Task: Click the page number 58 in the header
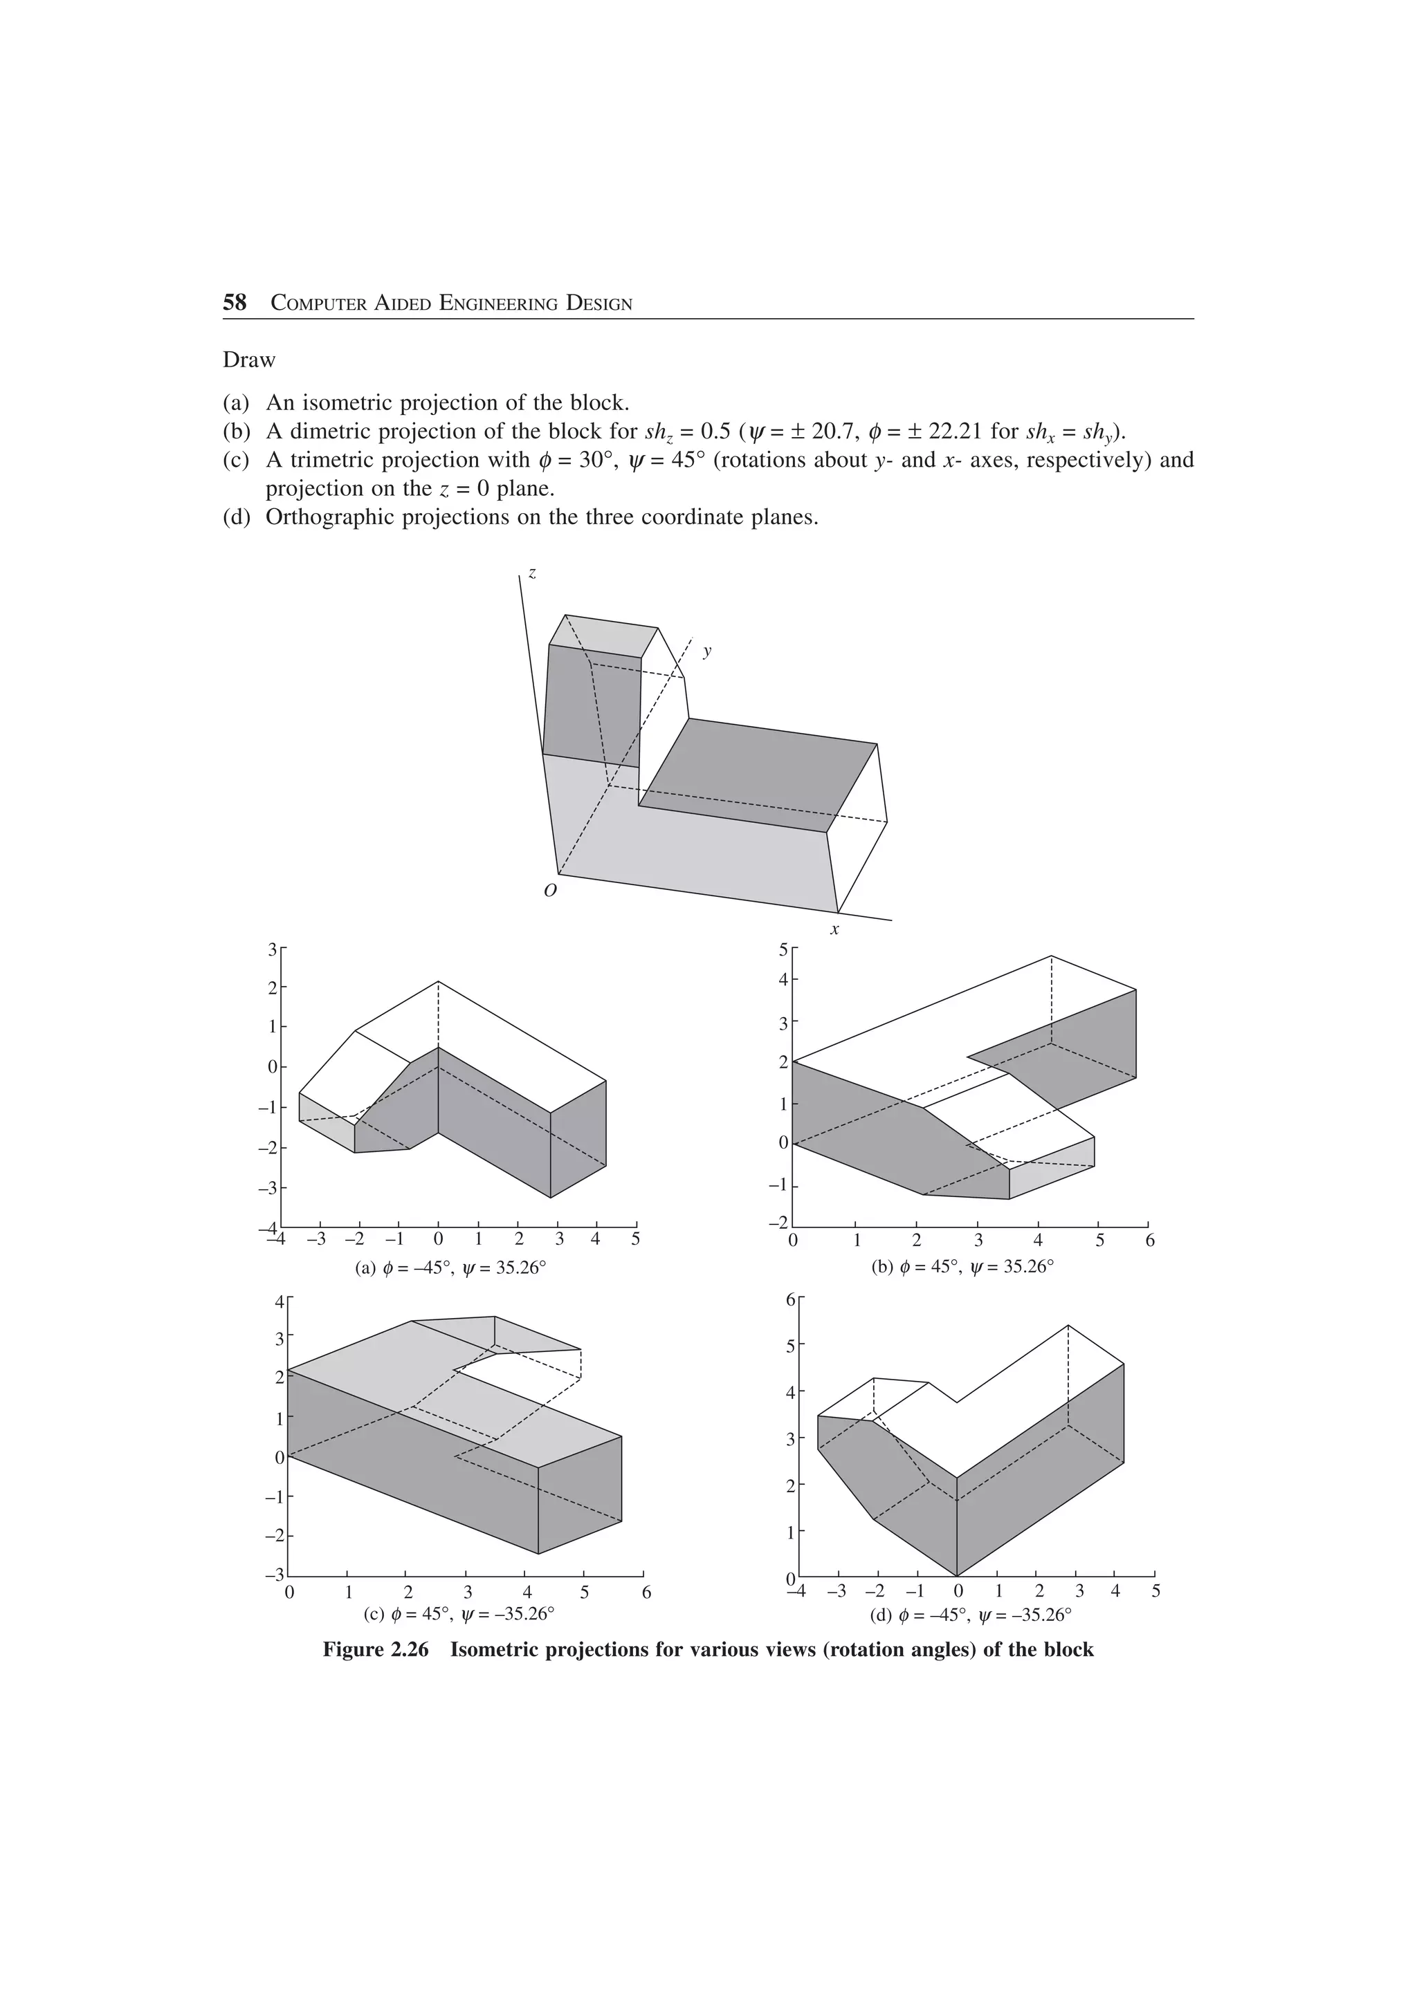tap(235, 303)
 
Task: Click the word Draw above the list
tap(249, 360)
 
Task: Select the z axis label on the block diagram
tap(533, 573)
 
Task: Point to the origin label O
tap(550, 891)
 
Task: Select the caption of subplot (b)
tap(962, 1266)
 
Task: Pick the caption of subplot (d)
tap(971, 1614)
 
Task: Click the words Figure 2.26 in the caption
tap(376, 1650)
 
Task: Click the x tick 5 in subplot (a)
tap(636, 1239)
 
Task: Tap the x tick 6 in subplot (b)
tap(1150, 1239)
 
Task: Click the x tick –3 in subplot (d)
tap(837, 1590)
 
